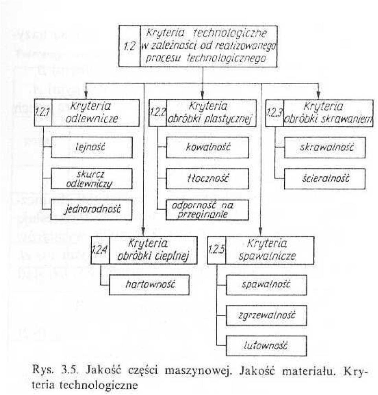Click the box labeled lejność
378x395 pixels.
(92, 147)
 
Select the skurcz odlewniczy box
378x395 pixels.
(92, 179)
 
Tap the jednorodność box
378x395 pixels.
(91, 210)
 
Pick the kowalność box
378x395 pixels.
(208, 147)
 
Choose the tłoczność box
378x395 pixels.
(207, 179)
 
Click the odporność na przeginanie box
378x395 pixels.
(207, 210)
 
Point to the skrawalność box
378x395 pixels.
(325, 147)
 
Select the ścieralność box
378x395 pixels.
(324, 179)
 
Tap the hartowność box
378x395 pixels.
(149, 285)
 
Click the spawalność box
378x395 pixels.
(267, 285)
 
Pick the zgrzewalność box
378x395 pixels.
(267, 315)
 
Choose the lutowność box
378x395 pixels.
(267, 346)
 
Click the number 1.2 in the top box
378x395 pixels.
(130, 46)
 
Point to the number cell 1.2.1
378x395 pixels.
(43, 113)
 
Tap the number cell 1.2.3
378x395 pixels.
(275, 113)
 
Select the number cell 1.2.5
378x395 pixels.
(217, 250)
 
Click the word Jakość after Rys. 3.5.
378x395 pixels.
(103, 371)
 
